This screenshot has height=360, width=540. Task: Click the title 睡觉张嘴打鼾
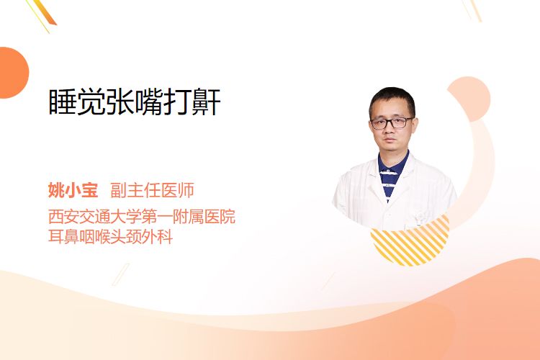pos(135,102)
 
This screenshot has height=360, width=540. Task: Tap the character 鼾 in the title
pos(207,102)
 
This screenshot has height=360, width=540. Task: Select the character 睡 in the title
pos(62,102)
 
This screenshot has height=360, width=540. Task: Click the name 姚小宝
pos(73,190)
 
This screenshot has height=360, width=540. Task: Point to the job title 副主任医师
pos(152,190)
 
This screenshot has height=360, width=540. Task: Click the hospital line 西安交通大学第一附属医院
pos(142,216)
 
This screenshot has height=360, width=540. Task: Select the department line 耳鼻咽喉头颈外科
pos(111,237)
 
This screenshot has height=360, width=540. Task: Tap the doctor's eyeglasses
pos(392,122)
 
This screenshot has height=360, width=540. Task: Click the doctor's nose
pos(390,129)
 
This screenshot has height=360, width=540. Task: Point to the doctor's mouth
pos(390,140)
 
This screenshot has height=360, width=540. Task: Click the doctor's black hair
pos(392,99)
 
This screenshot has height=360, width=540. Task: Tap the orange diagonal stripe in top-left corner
pos(44,12)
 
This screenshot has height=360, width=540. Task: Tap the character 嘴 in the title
pos(149,102)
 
